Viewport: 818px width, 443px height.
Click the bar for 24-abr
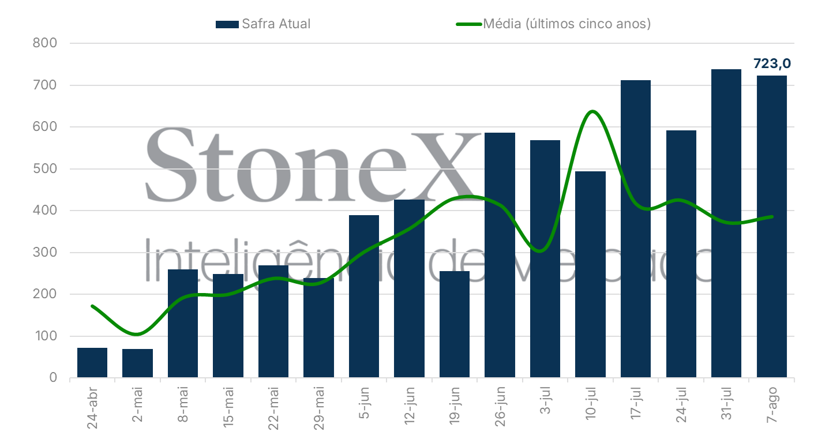(x=92, y=363)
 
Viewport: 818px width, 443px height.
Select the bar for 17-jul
(x=636, y=229)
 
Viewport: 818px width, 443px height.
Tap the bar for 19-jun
(x=455, y=324)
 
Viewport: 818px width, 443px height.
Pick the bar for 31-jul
(x=726, y=224)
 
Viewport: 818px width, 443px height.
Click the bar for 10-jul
(x=590, y=275)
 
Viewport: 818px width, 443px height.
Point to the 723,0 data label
(x=772, y=63)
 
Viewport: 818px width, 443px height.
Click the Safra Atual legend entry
(x=264, y=24)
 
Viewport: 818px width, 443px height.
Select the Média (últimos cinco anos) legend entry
(x=554, y=24)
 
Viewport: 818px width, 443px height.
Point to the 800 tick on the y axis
(x=46, y=43)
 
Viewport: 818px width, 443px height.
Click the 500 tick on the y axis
(x=46, y=169)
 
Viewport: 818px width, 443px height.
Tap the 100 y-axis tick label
(x=46, y=336)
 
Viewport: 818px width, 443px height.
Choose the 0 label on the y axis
(x=53, y=378)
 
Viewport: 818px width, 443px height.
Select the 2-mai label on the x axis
(x=138, y=406)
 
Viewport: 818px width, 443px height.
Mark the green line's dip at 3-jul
(x=539, y=251)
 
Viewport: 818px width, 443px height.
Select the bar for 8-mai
(x=183, y=324)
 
